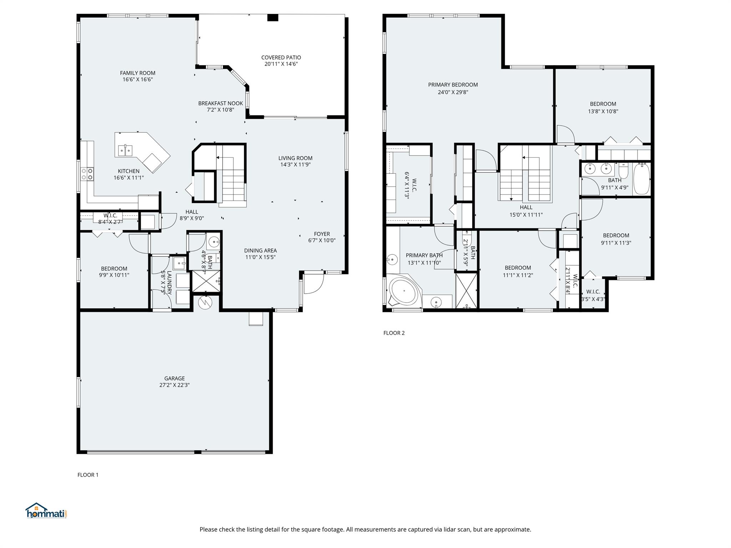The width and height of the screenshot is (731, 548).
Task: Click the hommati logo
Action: click(x=46, y=511)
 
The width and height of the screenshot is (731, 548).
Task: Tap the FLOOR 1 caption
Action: click(x=88, y=475)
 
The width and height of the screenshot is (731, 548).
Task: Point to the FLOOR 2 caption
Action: click(x=394, y=333)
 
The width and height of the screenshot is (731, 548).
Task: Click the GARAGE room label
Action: click(x=175, y=378)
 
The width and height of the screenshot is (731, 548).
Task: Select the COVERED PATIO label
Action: click(x=281, y=57)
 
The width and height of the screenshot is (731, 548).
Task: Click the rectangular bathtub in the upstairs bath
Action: click(x=641, y=178)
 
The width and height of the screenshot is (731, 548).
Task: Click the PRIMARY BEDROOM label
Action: click(x=453, y=85)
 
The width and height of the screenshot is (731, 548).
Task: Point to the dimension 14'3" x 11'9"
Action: click(x=296, y=165)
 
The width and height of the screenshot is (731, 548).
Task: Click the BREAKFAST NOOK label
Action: click(x=221, y=103)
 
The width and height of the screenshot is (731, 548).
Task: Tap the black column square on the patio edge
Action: click(x=273, y=17)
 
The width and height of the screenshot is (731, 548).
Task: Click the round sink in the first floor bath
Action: click(x=214, y=242)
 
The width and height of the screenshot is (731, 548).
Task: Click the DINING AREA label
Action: click(x=260, y=250)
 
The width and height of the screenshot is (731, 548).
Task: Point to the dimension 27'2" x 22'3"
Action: click(x=175, y=385)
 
